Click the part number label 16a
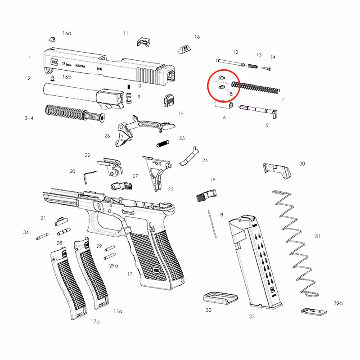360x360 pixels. click(67, 34)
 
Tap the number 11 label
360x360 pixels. click(126, 33)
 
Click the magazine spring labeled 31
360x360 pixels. click(296, 243)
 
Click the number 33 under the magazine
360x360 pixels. click(252, 316)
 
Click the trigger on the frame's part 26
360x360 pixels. click(122, 132)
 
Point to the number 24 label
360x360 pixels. click(205, 160)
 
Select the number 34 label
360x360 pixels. click(26, 232)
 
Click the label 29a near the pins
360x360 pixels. click(113, 266)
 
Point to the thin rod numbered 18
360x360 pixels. click(211, 225)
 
